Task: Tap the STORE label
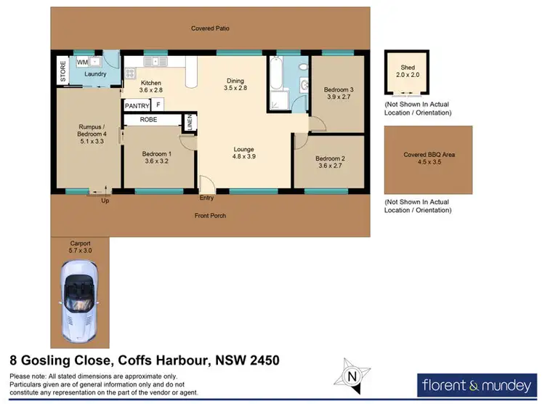click(62, 70)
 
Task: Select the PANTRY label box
click(137, 106)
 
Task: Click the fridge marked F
click(158, 105)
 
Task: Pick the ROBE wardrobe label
click(148, 119)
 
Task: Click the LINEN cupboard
click(188, 123)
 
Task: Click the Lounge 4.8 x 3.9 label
click(243, 152)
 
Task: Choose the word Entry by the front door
click(207, 197)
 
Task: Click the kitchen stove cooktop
click(131, 73)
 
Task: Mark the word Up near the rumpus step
click(105, 201)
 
